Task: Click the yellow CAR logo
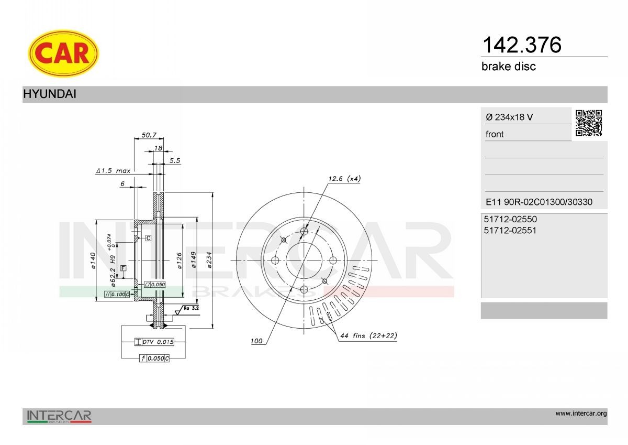click(x=63, y=53)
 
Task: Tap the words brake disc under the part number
click(x=508, y=67)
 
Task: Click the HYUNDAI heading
click(x=50, y=94)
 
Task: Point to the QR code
click(x=589, y=123)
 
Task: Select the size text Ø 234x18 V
click(x=509, y=117)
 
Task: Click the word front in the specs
click(x=495, y=134)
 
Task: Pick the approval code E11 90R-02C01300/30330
click(x=539, y=202)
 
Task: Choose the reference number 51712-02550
click(x=510, y=220)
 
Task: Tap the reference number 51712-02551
click(x=510, y=231)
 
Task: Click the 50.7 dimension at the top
click(x=149, y=135)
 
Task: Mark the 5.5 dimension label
click(x=175, y=160)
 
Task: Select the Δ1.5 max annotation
click(x=113, y=171)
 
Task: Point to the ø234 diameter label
click(x=209, y=261)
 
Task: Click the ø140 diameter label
click(x=92, y=261)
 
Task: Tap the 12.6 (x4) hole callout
click(x=344, y=179)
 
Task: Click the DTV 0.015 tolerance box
click(x=154, y=342)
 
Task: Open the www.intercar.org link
click(x=581, y=414)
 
